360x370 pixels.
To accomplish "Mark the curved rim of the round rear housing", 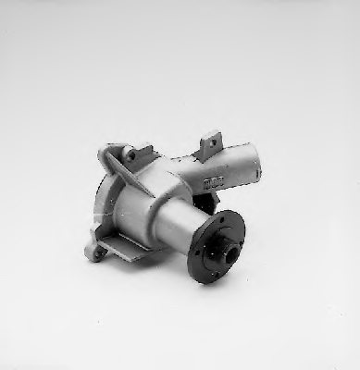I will [102, 203].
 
